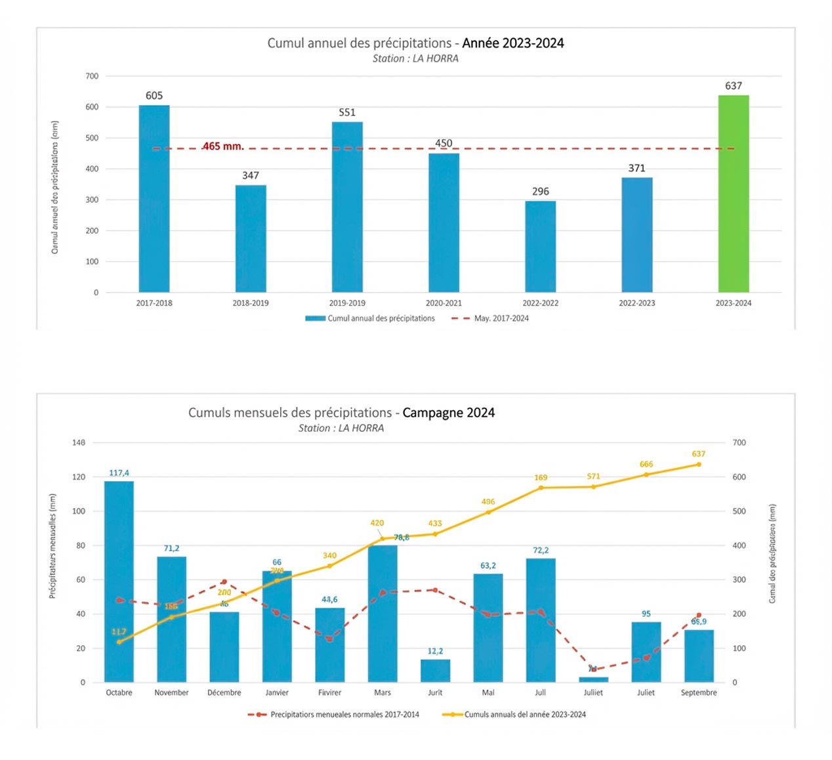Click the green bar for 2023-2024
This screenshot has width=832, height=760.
(733, 194)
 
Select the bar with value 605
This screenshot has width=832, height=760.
(154, 198)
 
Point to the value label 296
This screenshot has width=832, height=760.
(540, 192)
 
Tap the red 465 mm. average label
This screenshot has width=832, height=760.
(223, 146)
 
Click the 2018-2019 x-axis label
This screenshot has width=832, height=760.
(251, 303)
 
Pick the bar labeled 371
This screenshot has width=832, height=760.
(636, 234)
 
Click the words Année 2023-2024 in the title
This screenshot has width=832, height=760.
(512, 43)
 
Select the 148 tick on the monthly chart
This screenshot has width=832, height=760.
(79, 443)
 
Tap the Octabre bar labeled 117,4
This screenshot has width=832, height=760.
(119, 581)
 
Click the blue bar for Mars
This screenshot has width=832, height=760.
(383, 613)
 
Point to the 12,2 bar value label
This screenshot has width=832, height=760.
(435, 651)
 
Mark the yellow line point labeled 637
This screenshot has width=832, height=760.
(698, 465)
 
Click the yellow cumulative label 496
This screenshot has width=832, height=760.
(488, 502)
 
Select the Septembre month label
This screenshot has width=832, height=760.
(698, 692)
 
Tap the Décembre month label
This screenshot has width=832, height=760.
(224, 692)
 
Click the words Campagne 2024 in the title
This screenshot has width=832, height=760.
(448, 413)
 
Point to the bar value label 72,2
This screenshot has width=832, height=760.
(541, 551)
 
